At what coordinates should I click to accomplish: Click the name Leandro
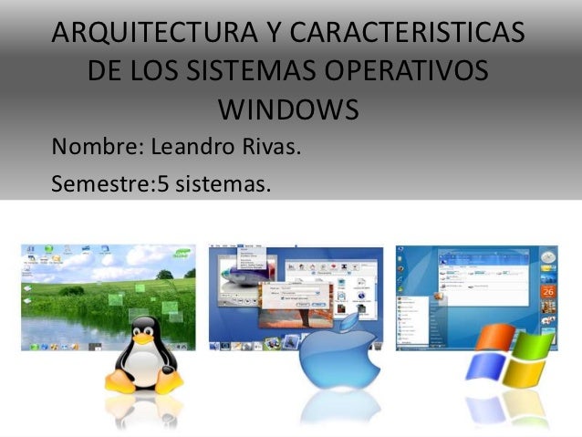[194, 146]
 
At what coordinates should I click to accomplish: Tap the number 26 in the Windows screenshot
[549, 291]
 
